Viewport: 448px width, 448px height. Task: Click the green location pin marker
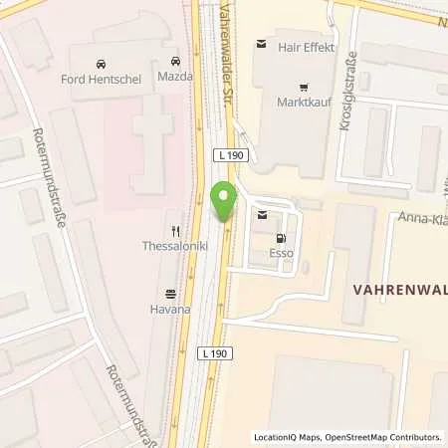pos(225,202)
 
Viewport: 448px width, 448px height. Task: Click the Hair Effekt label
pos(306,47)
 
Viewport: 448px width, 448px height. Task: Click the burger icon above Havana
pos(170,294)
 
